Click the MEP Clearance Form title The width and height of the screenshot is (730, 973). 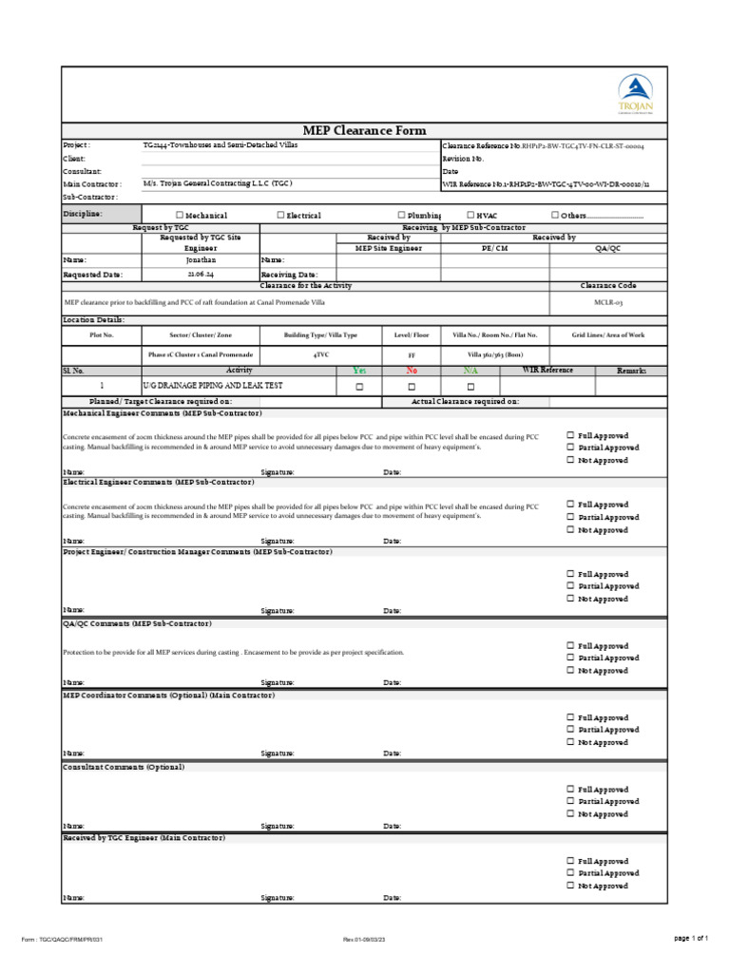click(364, 131)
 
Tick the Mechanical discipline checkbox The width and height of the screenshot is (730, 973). click(179, 216)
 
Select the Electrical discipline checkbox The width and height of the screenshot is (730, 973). click(280, 216)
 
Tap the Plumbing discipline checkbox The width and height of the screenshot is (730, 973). click(401, 216)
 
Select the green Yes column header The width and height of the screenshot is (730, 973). click(359, 370)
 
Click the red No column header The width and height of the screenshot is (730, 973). click(412, 370)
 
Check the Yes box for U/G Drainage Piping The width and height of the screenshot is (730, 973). click(359, 388)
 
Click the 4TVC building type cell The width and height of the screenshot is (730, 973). click(321, 353)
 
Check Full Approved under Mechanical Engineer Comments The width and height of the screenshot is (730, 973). click(570, 435)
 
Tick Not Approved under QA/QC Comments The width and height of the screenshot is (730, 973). click(570, 671)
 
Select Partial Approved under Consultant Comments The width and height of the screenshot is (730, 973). click(570, 802)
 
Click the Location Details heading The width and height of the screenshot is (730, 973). click(93, 320)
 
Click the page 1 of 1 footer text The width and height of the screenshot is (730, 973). click(691, 939)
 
